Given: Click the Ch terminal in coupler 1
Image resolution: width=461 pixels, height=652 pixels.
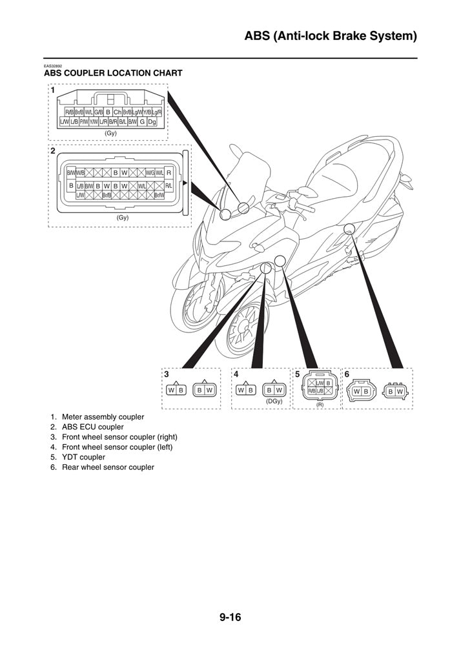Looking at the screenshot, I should pyautogui.click(x=118, y=112).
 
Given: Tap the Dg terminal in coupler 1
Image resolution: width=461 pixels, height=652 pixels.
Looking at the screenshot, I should pyautogui.click(x=152, y=121).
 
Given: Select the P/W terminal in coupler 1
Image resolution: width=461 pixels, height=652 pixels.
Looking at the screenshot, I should pyautogui.click(x=84, y=121).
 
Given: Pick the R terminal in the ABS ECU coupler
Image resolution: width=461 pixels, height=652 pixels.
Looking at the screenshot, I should pyautogui.click(x=169, y=172).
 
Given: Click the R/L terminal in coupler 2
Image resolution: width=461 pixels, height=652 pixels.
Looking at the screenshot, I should pyautogui.click(x=169, y=186).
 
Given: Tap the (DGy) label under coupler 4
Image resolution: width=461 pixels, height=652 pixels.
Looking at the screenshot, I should pyautogui.click(x=274, y=402).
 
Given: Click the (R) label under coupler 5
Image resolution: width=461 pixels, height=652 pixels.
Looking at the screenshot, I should pyautogui.click(x=320, y=404).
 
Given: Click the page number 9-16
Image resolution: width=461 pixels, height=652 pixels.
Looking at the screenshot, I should pyautogui.click(x=230, y=618).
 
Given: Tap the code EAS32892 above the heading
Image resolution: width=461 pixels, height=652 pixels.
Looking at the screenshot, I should pyautogui.click(x=53, y=66).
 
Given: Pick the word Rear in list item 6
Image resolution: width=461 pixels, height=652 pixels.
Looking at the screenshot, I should pyautogui.click(x=70, y=467).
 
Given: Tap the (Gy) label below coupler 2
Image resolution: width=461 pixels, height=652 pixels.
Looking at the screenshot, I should pyautogui.click(x=123, y=218).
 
